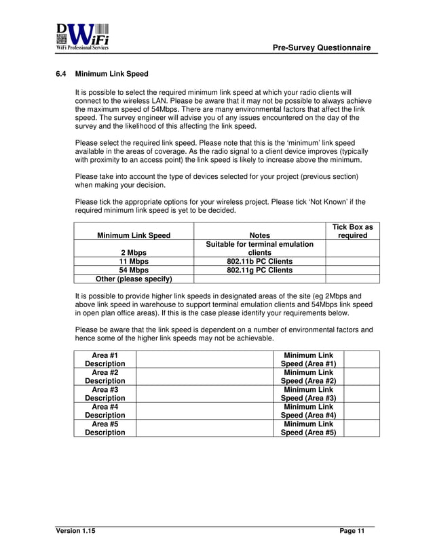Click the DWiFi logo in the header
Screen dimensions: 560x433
82,37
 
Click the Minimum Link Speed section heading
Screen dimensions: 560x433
111,74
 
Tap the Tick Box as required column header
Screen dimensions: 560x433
352,231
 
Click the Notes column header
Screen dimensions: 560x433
260,236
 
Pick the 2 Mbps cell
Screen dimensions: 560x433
134,253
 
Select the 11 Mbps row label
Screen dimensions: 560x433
134,261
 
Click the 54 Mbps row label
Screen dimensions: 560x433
134,270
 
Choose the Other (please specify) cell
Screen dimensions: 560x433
134,279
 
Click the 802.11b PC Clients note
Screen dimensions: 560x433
260,261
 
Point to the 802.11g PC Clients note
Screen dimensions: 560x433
260,270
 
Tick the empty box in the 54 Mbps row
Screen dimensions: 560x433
352,270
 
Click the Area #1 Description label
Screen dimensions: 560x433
105,359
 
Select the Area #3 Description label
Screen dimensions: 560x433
105,394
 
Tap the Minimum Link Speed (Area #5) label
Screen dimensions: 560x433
309,428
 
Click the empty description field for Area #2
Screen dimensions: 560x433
207,377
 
